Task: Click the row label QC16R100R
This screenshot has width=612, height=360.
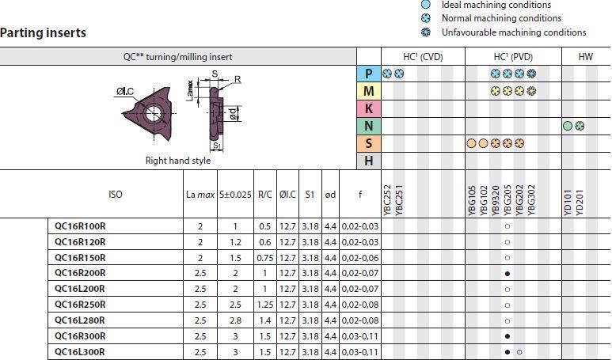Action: click(x=80, y=226)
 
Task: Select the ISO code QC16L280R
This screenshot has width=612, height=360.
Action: click(x=80, y=320)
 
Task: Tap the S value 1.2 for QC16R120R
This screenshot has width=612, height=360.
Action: click(x=235, y=242)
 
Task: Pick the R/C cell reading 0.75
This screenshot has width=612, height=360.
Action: click(x=265, y=258)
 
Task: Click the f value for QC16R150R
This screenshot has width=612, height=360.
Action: click(x=360, y=258)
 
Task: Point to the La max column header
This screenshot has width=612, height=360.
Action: click(x=200, y=194)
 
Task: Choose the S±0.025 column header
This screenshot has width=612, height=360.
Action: click(x=235, y=194)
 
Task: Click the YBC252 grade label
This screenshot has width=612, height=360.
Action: click(x=387, y=200)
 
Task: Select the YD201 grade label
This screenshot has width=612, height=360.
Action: click(x=580, y=203)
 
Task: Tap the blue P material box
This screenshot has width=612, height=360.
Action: click(x=368, y=74)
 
